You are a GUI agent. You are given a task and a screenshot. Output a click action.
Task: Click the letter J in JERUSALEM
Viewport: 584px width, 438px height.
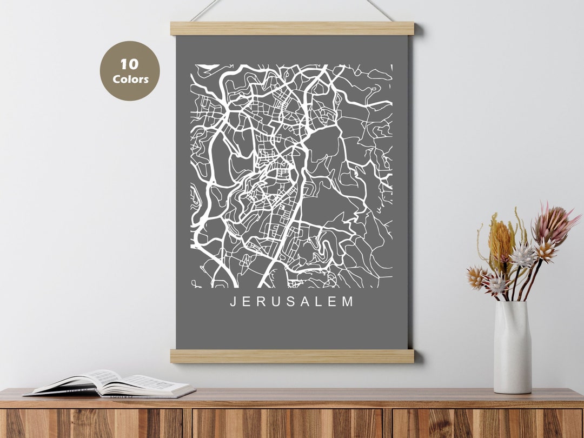(234, 302)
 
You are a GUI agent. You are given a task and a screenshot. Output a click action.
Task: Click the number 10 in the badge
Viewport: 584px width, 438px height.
(129, 65)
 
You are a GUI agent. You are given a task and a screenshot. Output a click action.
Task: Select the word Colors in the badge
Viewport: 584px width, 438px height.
(130, 79)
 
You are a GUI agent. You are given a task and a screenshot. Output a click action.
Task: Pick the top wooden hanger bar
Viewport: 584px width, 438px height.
(292, 28)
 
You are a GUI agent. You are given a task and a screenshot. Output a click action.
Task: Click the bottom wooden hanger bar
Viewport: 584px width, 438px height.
(292, 356)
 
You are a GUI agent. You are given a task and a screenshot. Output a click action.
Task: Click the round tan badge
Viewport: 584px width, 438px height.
(130, 71)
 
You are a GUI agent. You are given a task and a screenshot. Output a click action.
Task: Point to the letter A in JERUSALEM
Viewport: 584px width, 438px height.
(304, 302)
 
